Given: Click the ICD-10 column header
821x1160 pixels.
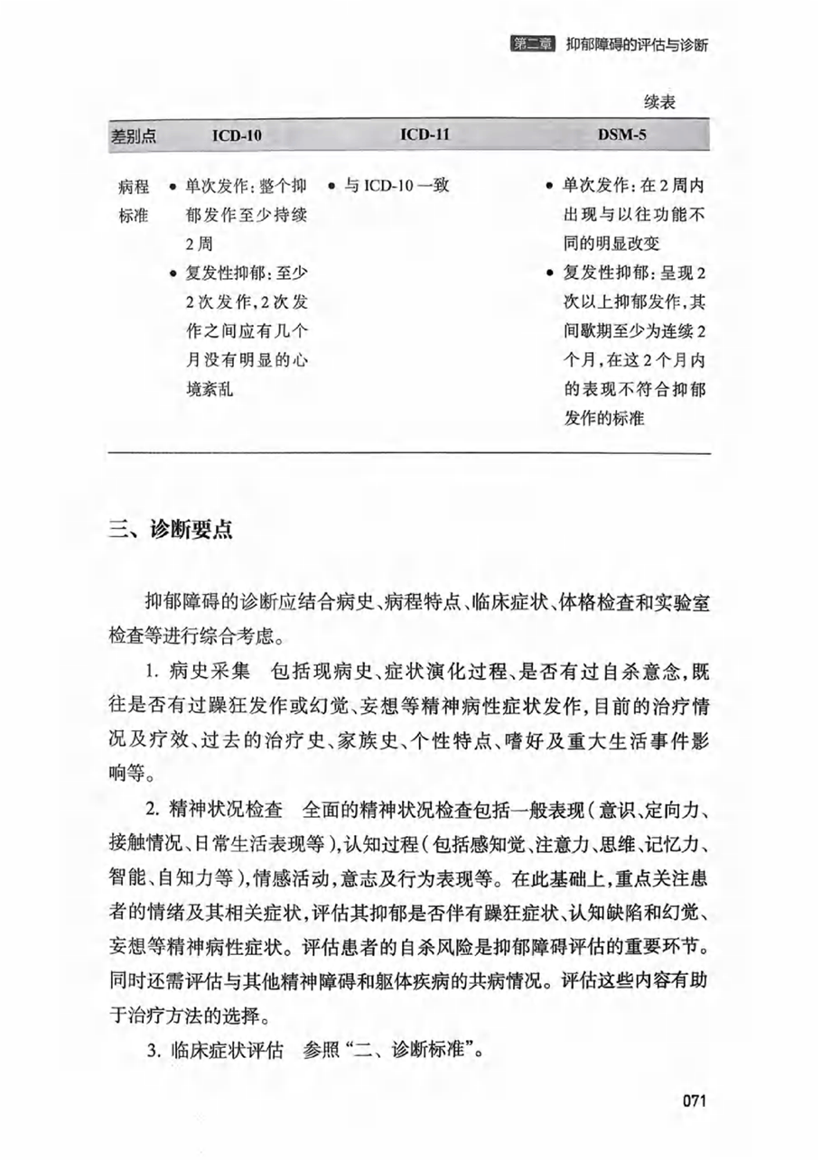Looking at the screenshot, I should (x=237, y=136).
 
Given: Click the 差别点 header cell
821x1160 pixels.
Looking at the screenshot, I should (x=134, y=136).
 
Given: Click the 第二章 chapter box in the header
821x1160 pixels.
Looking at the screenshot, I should (x=531, y=45).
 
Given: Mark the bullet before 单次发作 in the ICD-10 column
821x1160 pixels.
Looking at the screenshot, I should (x=172, y=188).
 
